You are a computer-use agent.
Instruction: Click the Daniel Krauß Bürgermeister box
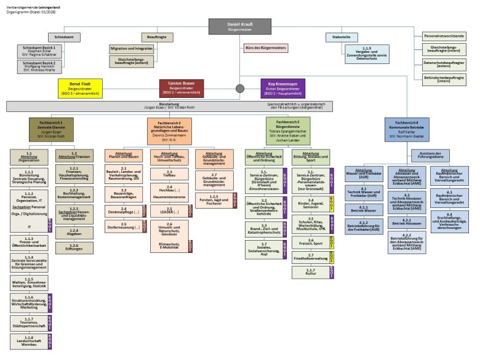click(x=239, y=26)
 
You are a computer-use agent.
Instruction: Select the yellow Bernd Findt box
click(x=80, y=87)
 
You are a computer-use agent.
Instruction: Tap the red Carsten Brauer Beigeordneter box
click(x=181, y=87)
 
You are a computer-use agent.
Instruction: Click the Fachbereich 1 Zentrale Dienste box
click(x=51, y=129)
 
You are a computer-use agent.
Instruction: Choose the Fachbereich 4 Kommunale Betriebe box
click(x=406, y=129)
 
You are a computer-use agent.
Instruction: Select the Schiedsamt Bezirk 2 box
click(x=39, y=66)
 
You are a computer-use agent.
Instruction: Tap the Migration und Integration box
click(x=132, y=48)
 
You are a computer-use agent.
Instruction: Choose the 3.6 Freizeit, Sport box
click(x=311, y=241)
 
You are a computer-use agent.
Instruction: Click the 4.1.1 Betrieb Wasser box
click(x=364, y=208)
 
